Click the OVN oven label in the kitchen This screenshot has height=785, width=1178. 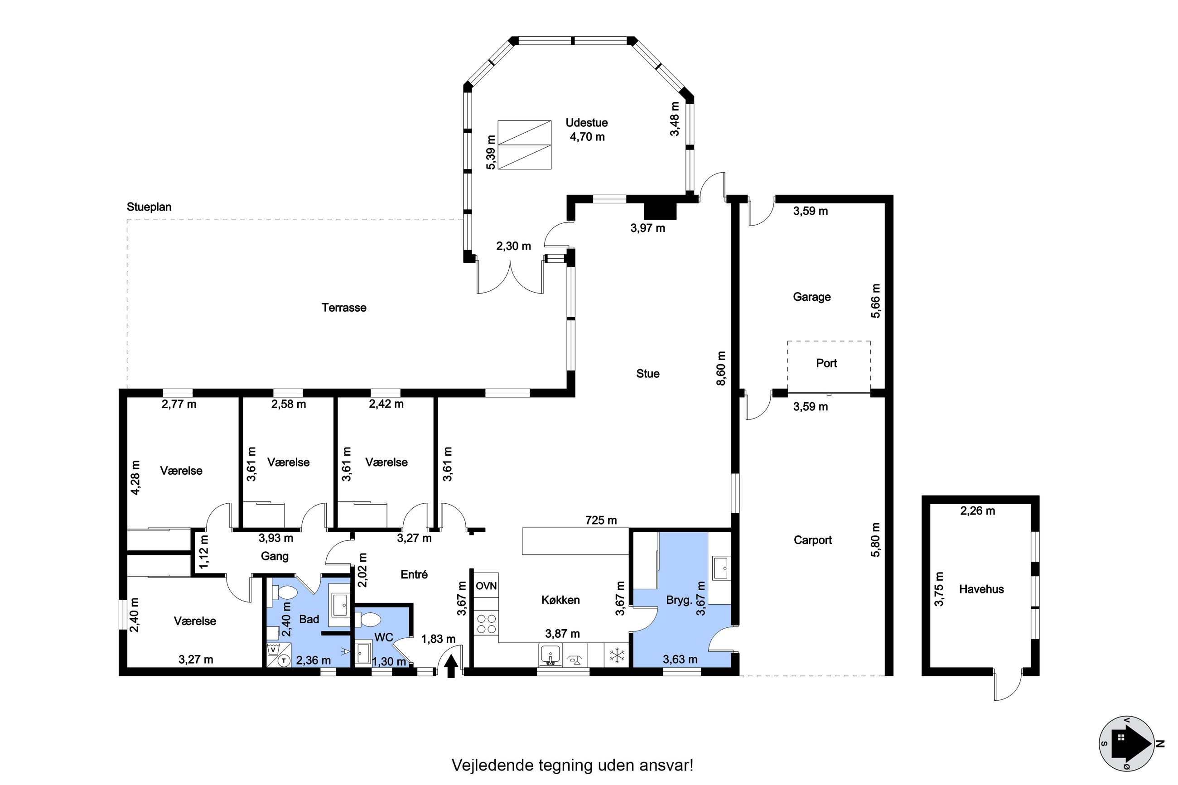tap(486, 585)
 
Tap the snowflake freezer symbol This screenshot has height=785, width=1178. tap(616, 655)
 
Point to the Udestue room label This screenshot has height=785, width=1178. tap(586, 123)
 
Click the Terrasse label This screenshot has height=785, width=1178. tap(344, 308)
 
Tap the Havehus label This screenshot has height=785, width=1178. tap(981, 589)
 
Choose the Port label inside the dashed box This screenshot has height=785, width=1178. tap(826, 363)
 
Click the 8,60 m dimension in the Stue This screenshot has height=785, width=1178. tap(721, 368)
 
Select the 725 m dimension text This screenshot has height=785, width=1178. tap(601, 520)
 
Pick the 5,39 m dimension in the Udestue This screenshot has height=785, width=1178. tap(491, 152)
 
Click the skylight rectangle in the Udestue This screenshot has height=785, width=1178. tap(524, 144)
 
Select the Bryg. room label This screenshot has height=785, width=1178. tap(679, 600)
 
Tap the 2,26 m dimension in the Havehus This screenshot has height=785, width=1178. tap(977, 511)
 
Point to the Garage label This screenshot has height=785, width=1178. tap(811, 297)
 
